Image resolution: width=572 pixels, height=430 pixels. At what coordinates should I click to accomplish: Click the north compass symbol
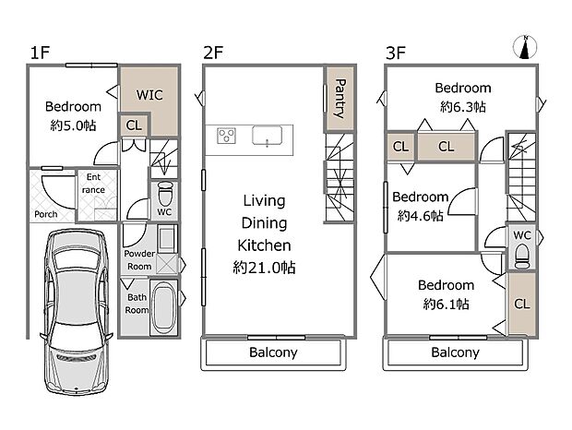[525, 47]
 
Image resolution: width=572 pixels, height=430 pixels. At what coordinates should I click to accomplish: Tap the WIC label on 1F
[149, 95]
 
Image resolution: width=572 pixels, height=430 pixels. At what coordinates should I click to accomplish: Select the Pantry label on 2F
[340, 99]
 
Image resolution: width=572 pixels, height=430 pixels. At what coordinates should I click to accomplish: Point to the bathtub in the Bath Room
[164, 306]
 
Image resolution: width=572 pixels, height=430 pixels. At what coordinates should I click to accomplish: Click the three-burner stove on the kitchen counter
[226, 136]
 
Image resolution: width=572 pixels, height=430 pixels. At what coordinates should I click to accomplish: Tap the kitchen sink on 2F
[267, 136]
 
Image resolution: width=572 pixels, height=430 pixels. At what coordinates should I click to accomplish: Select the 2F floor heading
[213, 53]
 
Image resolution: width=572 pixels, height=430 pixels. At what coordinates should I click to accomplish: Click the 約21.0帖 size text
[264, 268]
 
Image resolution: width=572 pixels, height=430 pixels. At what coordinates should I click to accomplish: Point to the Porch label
[46, 214]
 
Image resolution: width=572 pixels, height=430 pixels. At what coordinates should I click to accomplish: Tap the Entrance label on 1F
[93, 184]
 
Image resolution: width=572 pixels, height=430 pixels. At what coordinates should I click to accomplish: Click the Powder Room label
[139, 260]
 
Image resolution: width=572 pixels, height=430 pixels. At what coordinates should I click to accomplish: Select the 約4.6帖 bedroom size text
[421, 216]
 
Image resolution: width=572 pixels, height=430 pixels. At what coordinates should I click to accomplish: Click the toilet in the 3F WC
[522, 257]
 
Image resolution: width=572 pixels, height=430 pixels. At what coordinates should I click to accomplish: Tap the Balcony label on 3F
[455, 352]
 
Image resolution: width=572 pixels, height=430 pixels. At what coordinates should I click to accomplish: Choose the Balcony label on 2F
[273, 352]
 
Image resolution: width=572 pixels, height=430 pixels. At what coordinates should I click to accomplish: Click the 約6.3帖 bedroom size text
[463, 107]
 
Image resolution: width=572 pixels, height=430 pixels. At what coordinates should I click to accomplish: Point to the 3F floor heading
[396, 53]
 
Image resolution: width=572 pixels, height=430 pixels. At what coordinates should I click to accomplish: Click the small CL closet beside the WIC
[134, 125]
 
